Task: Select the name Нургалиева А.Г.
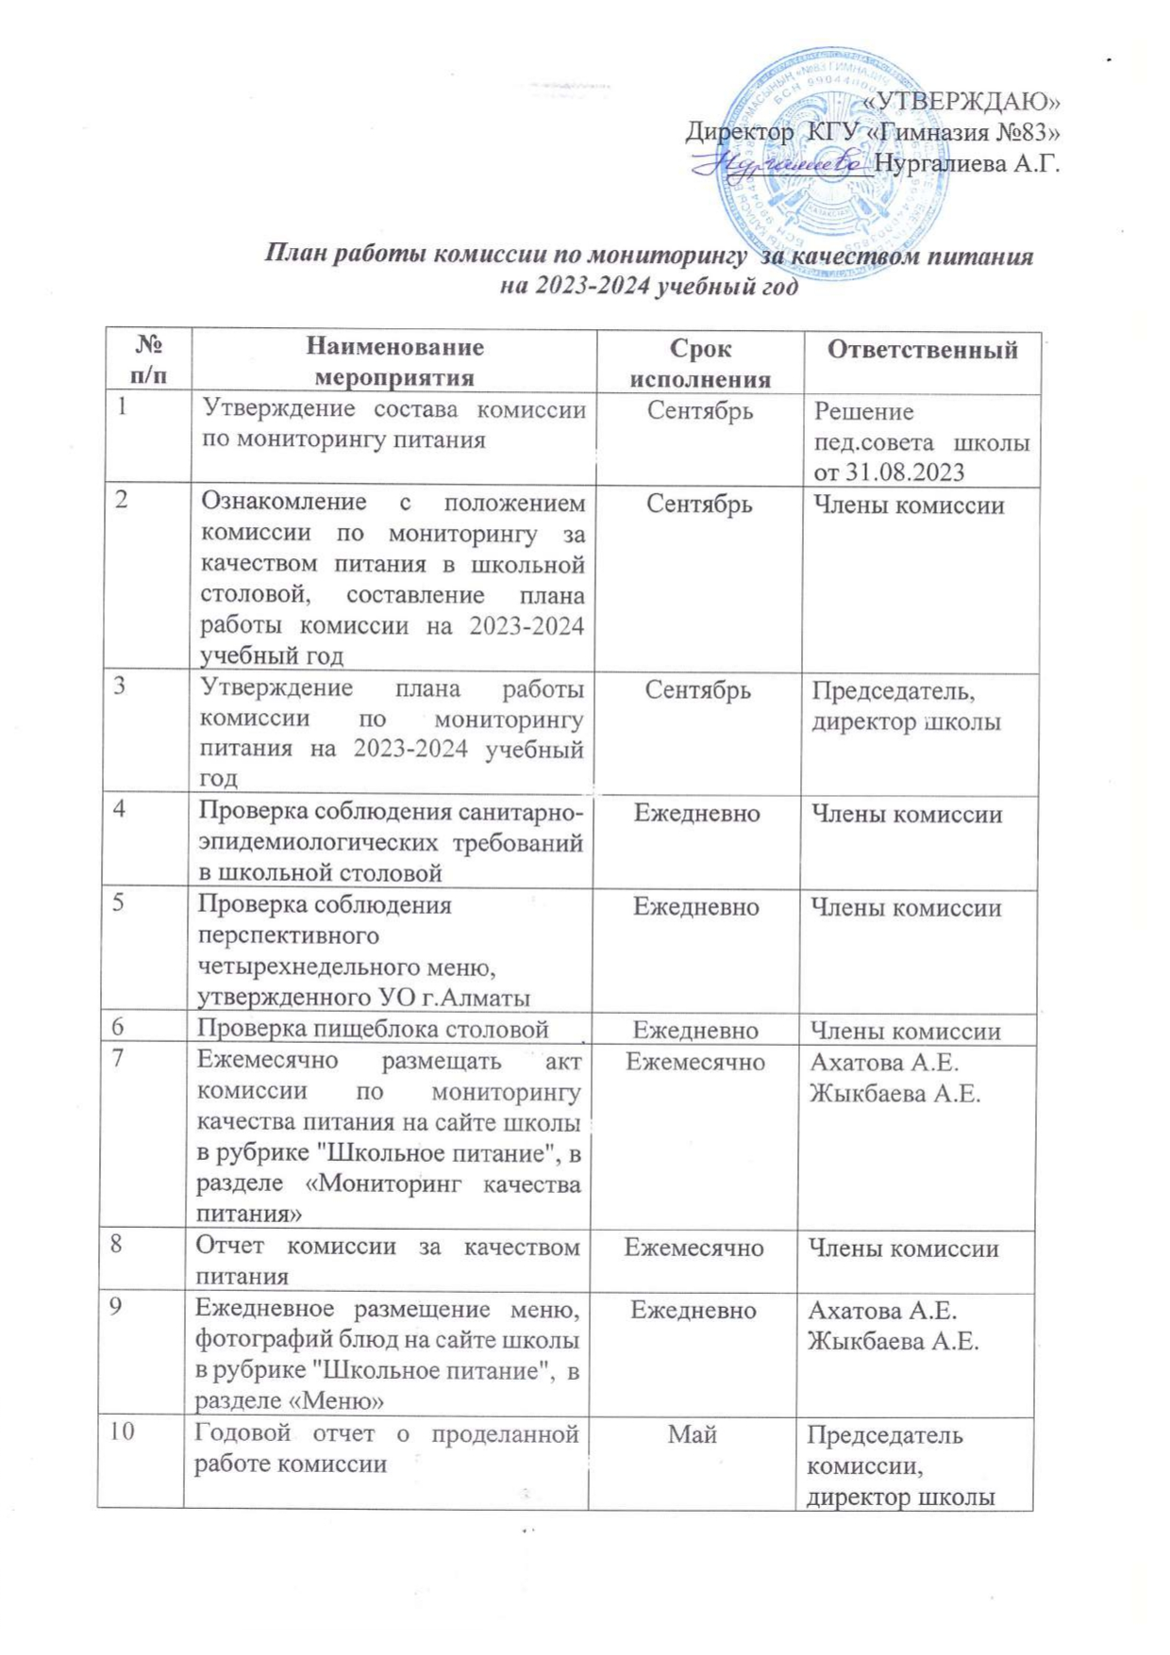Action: pos(967,164)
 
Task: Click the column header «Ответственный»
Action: pos(922,350)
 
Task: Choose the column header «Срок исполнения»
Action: pos(700,364)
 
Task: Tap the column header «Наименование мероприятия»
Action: pos(394,362)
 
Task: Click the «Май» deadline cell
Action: pos(693,1434)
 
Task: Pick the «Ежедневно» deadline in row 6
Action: pos(695,1030)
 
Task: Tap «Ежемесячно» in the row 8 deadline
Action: pos(694,1248)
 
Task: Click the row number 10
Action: pos(122,1432)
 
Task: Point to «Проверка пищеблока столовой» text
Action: pos(373,1030)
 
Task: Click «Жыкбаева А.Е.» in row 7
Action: pos(894,1094)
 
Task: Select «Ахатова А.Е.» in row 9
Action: pos(882,1311)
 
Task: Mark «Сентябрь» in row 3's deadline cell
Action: pos(698,690)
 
